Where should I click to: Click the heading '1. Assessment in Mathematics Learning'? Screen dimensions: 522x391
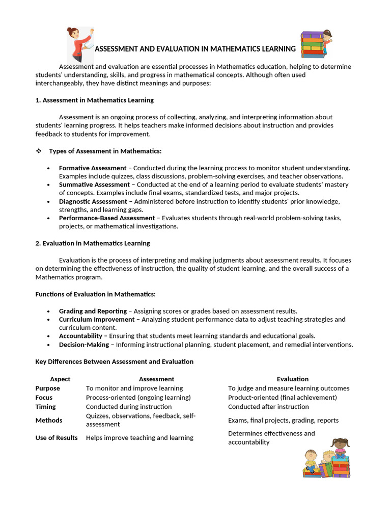click(94, 100)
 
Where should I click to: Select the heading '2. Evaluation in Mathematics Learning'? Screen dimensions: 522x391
click(93, 243)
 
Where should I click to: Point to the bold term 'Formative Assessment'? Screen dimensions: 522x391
click(93, 168)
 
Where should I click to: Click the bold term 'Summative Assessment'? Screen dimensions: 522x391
click(94, 185)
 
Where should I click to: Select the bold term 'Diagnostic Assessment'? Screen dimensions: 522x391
click(93, 201)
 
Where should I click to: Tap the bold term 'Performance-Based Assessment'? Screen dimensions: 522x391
click(107, 218)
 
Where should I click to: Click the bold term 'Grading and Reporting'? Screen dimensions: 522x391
click(93, 311)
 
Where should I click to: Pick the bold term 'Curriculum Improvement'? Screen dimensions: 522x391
click(97, 319)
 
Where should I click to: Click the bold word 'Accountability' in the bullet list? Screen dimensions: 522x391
click(80, 336)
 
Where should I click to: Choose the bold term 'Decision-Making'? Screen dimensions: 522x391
click(84, 345)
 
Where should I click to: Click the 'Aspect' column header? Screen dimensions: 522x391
click(60, 379)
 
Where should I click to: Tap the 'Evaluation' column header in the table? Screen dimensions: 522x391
click(292, 379)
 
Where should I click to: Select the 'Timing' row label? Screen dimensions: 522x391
click(45, 407)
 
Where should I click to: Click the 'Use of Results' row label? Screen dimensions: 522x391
click(57, 437)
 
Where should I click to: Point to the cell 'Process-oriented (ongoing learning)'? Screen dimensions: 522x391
click(138, 398)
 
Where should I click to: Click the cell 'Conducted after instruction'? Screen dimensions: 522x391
click(268, 407)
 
